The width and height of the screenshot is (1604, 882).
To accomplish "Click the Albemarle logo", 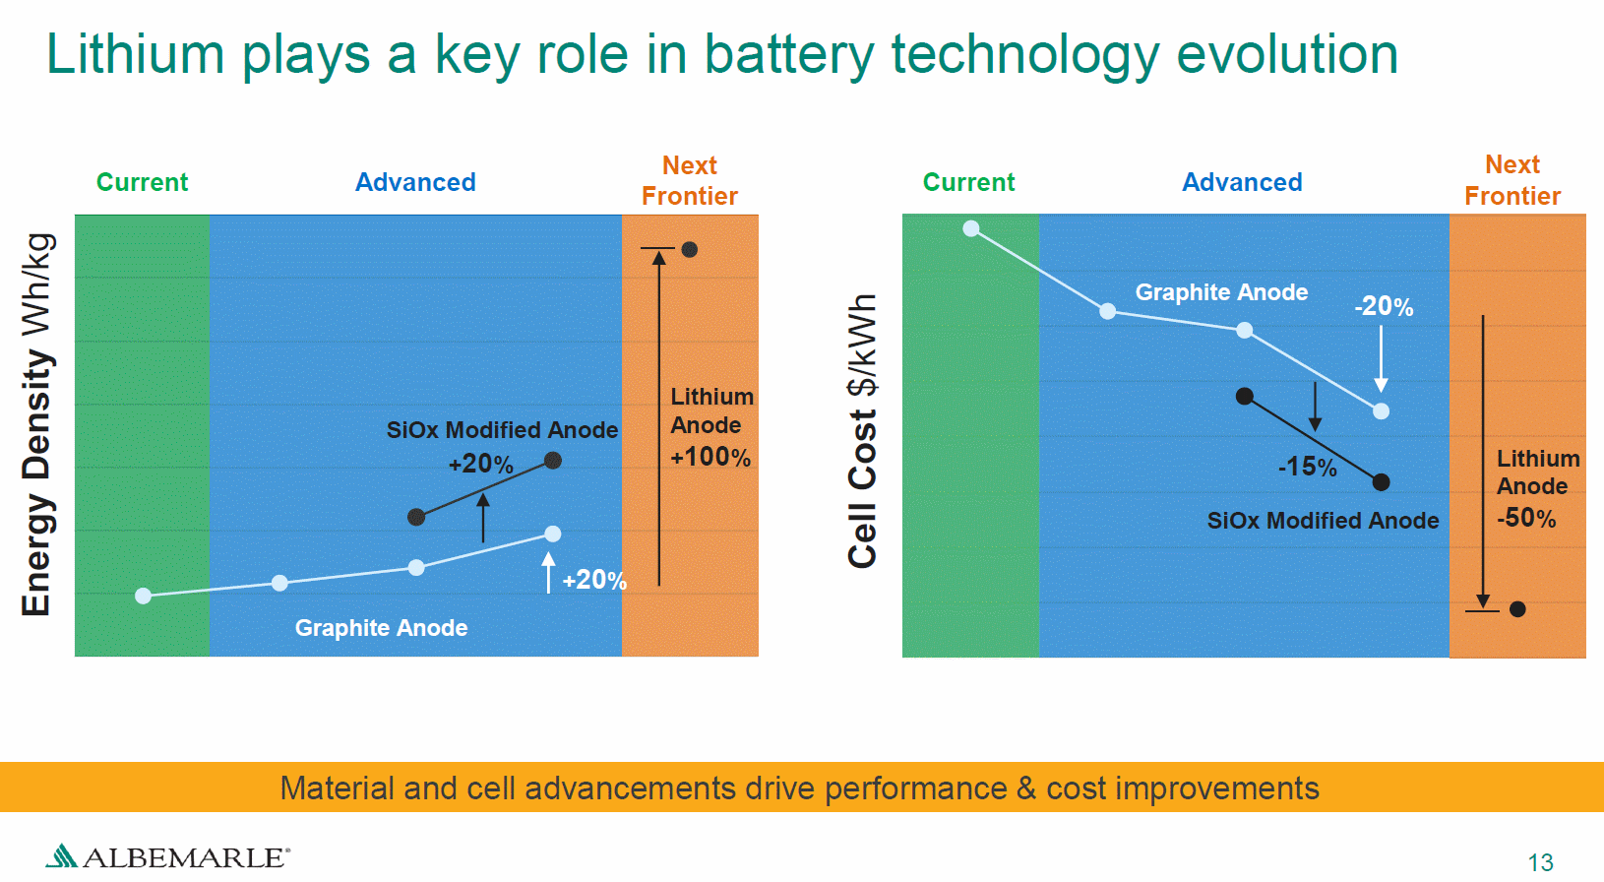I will (167, 855).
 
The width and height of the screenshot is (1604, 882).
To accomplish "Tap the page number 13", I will (1540, 862).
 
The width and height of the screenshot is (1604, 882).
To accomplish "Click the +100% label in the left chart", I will (710, 457).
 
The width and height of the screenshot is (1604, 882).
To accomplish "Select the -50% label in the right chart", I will (1526, 518).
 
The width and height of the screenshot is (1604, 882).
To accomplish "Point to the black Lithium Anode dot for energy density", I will (690, 250).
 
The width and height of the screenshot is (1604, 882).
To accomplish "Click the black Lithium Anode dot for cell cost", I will (1517, 609).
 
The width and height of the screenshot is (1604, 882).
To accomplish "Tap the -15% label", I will (1307, 467).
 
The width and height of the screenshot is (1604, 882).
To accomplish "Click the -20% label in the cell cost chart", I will (1384, 307).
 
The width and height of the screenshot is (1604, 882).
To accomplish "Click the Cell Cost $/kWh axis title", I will (862, 431).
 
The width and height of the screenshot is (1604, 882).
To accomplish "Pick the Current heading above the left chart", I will (142, 182).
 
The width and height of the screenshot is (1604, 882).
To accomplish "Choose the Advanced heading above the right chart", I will (1242, 182).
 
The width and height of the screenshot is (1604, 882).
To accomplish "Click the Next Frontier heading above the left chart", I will (690, 180).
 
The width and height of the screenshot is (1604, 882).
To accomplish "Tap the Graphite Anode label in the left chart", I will (381, 628).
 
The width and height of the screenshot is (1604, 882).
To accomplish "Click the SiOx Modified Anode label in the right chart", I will (1323, 521).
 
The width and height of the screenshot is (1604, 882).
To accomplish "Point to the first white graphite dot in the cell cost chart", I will (971, 229).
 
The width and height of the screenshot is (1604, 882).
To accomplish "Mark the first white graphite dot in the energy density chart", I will (144, 596).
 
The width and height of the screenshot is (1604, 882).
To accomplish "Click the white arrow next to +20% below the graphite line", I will (549, 572).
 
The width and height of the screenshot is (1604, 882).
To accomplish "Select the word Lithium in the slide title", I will (135, 54).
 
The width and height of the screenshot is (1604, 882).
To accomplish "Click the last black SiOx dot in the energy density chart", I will (553, 461).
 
